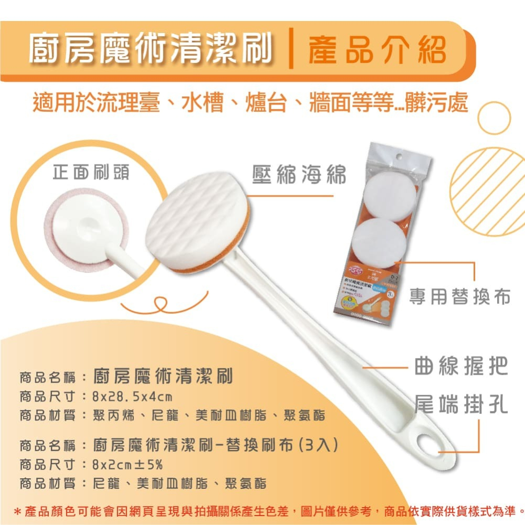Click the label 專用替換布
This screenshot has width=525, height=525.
(x=460, y=297)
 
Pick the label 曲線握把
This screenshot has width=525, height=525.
(x=461, y=366)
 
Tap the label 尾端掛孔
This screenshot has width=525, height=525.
(x=461, y=405)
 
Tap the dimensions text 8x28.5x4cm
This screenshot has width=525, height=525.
(x=132, y=396)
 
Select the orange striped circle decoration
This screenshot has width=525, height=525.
(x=487, y=191)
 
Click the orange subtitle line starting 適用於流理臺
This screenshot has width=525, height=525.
(x=249, y=103)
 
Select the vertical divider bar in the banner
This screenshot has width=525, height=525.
(x=291, y=51)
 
